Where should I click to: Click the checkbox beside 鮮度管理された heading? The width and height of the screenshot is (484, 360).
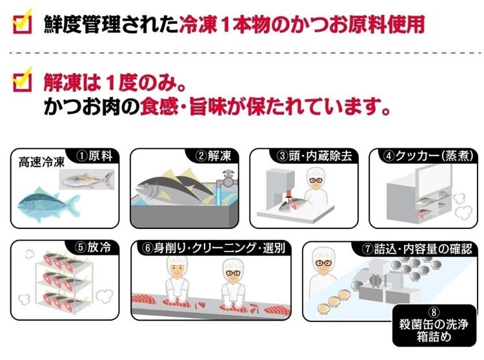click(22, 21)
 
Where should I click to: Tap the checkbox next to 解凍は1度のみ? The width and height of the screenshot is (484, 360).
click(22, 79)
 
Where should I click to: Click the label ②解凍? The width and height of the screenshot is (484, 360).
click(214, 155)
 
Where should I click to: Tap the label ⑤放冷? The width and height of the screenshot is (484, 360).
click(92, 247)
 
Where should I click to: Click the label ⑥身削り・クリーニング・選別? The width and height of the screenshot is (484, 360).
click(214, 248)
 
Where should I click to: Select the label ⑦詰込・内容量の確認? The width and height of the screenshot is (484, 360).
click(417, 248)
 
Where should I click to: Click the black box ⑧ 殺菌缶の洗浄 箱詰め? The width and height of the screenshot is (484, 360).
click(434, 325)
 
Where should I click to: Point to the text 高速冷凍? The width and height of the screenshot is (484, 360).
click(41, 163)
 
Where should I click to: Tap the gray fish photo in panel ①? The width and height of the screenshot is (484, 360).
click(87, 179)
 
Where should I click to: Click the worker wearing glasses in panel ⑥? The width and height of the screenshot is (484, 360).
click(234, 283)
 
